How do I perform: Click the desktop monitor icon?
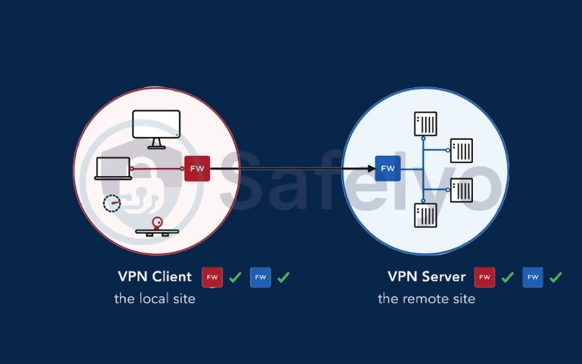coord(156,124)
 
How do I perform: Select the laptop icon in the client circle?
coord(113,169)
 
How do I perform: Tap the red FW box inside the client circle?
coord(196,168)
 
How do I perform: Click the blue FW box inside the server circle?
coord(388,168)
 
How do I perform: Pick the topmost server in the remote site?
coord(426,124)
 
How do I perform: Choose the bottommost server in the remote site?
coord(426,215)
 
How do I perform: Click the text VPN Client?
coord(154,277)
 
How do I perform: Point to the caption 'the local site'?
coord(154,298)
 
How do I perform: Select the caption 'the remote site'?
coord(426,298)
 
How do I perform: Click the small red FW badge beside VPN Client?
coord(212,277)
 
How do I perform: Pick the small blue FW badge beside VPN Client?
coord(260,277)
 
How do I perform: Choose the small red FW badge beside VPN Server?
coord(485,277)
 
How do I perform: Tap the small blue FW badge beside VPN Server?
coord(533,277)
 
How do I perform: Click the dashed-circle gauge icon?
coord(111,202)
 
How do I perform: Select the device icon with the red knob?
coord(156,227)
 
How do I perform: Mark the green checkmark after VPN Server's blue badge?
coord(556,277)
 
